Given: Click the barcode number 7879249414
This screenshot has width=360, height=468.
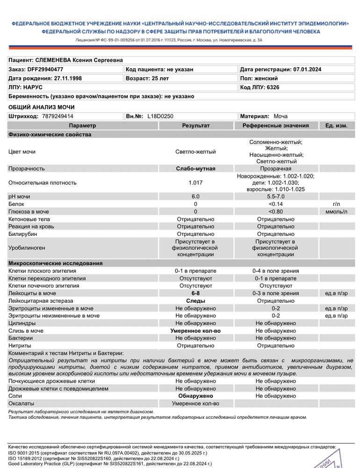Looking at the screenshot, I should click(58, 116).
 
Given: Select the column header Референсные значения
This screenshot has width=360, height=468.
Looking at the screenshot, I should click(276, 125).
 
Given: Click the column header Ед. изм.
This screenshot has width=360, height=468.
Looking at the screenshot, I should click(333, 125).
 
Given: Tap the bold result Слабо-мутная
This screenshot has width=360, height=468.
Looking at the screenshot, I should click(195, 168).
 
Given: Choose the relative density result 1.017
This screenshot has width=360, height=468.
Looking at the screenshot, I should click(195, 183).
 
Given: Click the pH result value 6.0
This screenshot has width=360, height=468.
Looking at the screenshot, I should click(195, 197).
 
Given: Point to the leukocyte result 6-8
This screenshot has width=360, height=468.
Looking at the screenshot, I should click(195, 293).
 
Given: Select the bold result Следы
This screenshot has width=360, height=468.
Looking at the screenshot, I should click(195, 301).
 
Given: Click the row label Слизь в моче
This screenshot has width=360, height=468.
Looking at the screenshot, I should click(26, 331).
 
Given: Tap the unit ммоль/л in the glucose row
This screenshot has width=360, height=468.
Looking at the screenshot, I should click(333, 212).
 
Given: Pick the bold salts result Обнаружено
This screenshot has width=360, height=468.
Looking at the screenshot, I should click(195, 396).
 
